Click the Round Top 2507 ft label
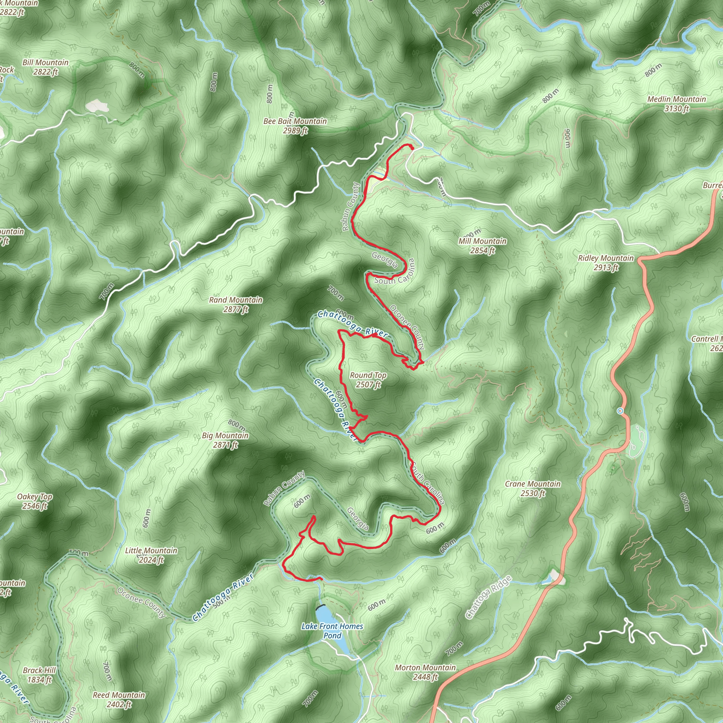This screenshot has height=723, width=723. (368, 380)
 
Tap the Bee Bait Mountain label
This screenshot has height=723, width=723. (295, 126)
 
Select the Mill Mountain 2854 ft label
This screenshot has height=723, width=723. (482, 246)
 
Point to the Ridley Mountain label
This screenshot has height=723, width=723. (606, 262)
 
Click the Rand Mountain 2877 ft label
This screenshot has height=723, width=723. (236, 305)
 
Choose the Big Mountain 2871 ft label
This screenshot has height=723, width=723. (225, 440)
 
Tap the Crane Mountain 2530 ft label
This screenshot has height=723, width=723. (533, 488)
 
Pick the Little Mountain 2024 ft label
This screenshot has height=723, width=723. (151, 555)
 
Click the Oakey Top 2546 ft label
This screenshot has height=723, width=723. (35, 501)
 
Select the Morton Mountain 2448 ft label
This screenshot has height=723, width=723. (425, 672)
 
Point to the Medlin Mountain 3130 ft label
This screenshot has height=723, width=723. (677, 104)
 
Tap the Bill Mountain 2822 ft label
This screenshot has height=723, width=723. (46, 67)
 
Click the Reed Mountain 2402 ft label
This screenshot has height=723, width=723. (119, 699)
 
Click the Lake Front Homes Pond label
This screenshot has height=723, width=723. (332, 631)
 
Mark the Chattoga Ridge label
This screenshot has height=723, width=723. (488, 597)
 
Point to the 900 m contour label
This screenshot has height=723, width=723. (568, 138)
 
